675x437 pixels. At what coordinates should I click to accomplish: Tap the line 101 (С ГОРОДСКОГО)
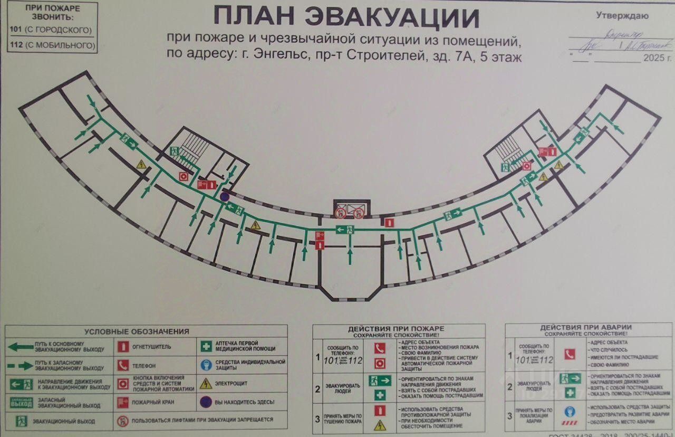(x=51, y=30)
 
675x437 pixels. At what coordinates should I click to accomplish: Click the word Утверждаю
(x=622, y=16)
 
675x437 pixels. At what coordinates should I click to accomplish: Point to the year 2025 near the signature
(x=653, y=59)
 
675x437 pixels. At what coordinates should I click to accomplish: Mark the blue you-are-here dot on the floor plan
(x=224, y=197)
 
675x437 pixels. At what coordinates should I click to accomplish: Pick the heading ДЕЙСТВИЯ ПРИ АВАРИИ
(x=586, y=328)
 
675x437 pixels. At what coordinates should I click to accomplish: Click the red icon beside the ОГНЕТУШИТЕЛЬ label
(x=123, y=347)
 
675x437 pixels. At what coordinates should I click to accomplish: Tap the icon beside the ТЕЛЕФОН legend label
(x=123, y=365)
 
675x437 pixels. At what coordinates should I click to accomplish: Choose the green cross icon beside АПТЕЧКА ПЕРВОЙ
(x=206, y=347)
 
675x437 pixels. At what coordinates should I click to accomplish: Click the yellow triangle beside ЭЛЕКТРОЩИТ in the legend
(x=206, y=384)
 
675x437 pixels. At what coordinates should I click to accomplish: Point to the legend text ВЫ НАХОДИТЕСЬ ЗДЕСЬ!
(x=245, y=402)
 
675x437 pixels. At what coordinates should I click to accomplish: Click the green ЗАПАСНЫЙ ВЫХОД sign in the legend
(x=21, y=403)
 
